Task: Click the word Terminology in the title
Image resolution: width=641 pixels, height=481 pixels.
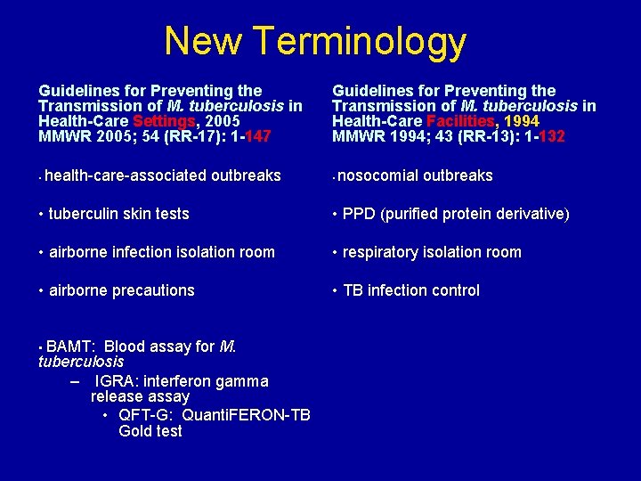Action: click(359, 41)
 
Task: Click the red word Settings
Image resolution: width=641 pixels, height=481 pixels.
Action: click(164, 121)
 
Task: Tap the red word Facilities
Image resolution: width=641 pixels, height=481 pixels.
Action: click(461, 121)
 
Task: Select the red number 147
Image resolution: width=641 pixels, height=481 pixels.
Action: click(257, 137)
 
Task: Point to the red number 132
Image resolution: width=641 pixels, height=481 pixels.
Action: click(551, 137)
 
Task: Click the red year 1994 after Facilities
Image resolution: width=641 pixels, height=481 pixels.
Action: click(521, 121)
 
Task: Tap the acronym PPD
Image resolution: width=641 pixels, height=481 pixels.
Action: click(359, 214)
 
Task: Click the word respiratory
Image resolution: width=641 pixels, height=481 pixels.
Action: click(385, 252)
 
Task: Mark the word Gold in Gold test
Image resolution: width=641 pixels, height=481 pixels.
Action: click(136, 431)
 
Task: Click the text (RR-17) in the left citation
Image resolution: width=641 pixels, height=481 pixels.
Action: click(175, 137)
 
